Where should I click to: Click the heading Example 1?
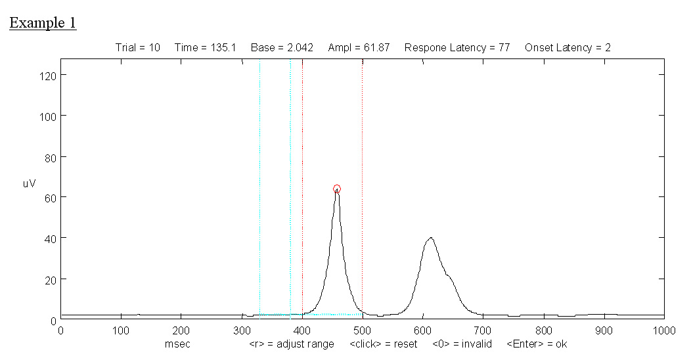point(43,23)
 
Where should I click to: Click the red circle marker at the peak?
point(337,189)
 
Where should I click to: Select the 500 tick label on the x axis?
point(362,332)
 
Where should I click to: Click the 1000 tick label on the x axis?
point(663,332)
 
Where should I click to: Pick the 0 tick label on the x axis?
point(60,332)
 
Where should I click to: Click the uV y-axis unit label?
point(30,184)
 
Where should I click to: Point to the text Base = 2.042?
point(282,47)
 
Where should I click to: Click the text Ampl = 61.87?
point(359,47)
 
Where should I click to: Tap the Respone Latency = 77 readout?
point(457,47)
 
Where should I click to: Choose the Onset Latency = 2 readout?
point(568,47)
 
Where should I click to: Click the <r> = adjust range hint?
point(292,344)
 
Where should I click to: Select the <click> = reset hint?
point(383,344)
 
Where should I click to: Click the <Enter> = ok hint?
point(537,344)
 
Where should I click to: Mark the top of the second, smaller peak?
point(430,238)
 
